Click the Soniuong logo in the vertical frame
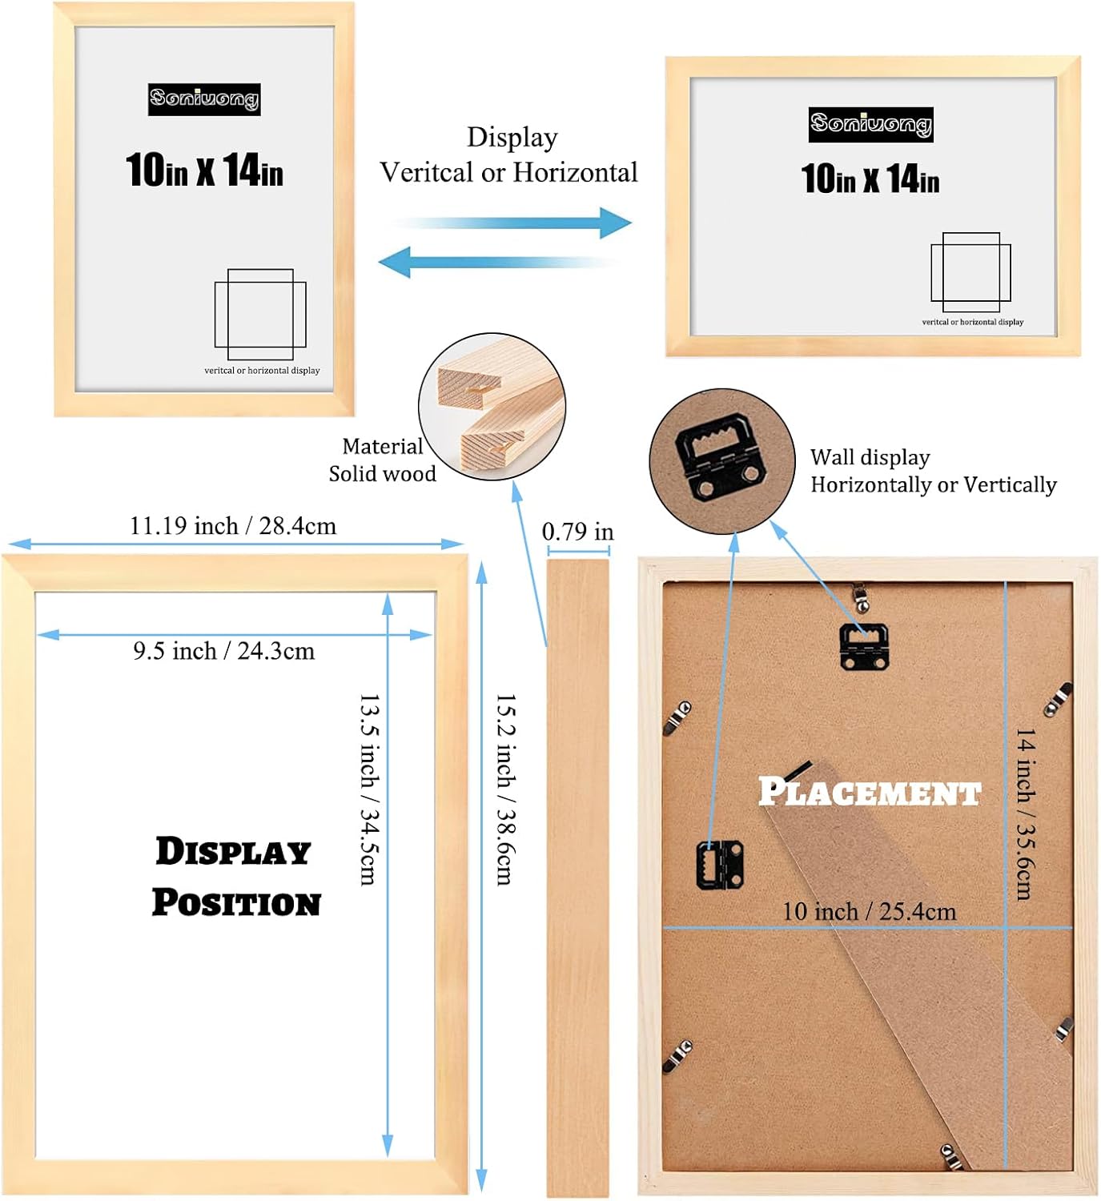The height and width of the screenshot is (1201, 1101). click(204, 99)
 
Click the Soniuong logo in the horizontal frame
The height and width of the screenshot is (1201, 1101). click(870, 125)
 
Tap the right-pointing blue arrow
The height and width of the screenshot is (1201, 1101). click(512, 223)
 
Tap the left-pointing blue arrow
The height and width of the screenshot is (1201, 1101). click(496, 262)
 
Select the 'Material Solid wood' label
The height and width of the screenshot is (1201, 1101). click(382, 460)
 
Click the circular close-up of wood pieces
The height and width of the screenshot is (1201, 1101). click(492, 407)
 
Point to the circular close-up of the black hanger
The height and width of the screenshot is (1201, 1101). click(721, 462)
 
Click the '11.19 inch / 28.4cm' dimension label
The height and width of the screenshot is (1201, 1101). click(233, 526)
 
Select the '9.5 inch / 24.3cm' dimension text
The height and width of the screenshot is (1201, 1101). click(224, 651)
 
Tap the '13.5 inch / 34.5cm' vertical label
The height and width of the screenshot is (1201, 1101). click(368, 789)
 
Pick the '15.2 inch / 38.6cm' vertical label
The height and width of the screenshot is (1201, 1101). click(505, 789)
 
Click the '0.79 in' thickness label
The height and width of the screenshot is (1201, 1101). click(577, 532)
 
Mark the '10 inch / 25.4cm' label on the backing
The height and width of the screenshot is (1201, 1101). click(869, 911)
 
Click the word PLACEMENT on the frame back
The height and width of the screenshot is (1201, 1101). click(870, 792)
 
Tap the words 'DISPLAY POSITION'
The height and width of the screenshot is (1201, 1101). click(236, 877)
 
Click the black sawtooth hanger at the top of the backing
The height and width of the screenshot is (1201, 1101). click(863, 645)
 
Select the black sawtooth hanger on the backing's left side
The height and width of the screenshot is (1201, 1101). click(720, 864)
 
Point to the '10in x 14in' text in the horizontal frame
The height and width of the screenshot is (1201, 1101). click(870, 179)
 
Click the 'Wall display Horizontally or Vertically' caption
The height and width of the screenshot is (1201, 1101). click(933, 471)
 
